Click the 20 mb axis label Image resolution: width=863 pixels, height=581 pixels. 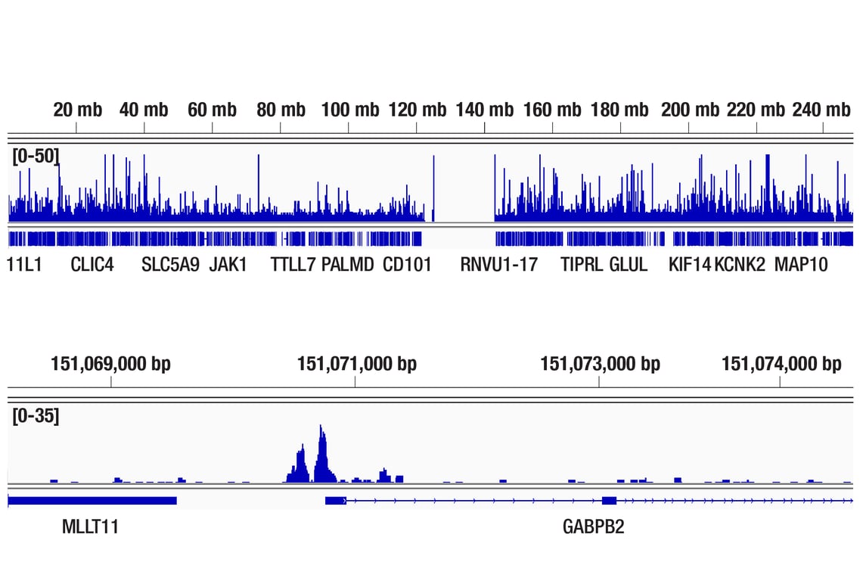(77, 110)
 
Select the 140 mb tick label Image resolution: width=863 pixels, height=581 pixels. (484, 110)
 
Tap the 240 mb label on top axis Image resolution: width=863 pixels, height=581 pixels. (821, 110)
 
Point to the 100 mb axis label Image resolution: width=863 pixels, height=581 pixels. (349, 110)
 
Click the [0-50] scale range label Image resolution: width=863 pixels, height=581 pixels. (36, 157)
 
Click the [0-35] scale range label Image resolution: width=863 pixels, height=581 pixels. (36, 415)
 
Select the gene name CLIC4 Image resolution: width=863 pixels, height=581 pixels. (92, 265)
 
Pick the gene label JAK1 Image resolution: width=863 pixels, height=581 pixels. (228, 265)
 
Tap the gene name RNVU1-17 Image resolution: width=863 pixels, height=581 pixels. (498, 265)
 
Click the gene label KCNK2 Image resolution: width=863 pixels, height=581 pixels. (740, 265)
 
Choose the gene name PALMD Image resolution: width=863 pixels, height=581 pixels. (347, 265)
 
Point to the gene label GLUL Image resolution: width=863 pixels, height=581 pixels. (628, 265)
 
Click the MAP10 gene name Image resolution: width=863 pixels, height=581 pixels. (801, 265)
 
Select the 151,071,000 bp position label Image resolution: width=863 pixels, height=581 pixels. (357, 364)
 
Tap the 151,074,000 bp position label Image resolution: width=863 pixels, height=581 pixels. (781, 364)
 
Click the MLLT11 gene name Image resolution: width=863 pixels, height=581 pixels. (90, 527)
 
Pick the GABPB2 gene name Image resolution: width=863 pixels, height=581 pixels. (594, 527)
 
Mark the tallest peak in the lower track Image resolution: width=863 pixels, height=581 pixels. (322, 428)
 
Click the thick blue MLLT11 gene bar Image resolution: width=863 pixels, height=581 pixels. (92, 500)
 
